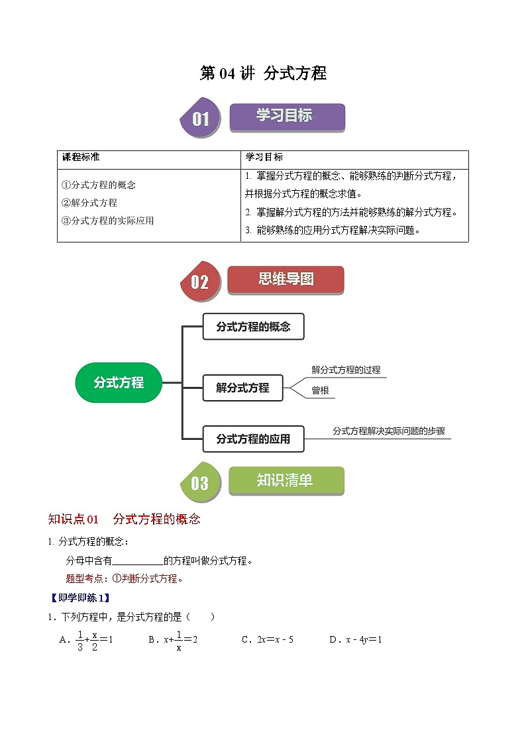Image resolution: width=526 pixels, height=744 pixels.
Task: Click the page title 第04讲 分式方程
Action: click(x=263, y=74)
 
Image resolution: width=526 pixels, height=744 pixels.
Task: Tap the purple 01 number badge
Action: click(x=200, y=119)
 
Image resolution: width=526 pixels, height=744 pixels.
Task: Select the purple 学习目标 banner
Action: click(x=286, y=116)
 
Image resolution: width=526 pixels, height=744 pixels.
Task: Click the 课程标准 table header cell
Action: click(x=81, y=158)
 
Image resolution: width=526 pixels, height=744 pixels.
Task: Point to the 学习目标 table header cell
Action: click(x=264, y=158)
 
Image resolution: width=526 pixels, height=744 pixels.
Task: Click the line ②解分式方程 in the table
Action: click(x=89, y=203)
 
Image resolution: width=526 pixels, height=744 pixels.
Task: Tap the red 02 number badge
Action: click(x=199, y=282)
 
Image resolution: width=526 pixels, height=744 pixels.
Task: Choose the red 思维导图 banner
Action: click(x=286, y=279)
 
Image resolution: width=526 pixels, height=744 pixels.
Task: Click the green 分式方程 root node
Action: click(x=119, y=382)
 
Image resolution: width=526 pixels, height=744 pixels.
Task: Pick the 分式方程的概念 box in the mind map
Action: click(x=252, y=327)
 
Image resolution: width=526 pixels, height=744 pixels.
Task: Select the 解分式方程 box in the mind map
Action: click(x=242, y=388)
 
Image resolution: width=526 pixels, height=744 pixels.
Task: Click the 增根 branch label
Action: click(x=320, y=391)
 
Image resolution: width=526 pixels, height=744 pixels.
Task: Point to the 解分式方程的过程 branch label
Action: click(x=346, y=370)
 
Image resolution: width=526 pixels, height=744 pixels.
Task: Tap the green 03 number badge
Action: click(x=199, y=483)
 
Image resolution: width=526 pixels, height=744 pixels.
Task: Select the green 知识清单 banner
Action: click(x=286, y=480)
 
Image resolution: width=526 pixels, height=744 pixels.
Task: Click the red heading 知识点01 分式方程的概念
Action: click(x=125, y=519)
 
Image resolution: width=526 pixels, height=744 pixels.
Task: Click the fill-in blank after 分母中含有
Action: click(x=142, y=561)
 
